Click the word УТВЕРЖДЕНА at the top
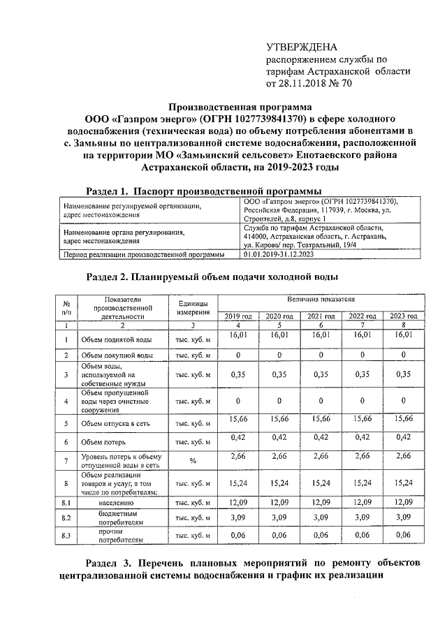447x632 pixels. click(302, 47)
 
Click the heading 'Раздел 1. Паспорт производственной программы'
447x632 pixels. click(203, 191)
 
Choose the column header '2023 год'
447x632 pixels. click(403, 316)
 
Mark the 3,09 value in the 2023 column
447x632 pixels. click(403, 517)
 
